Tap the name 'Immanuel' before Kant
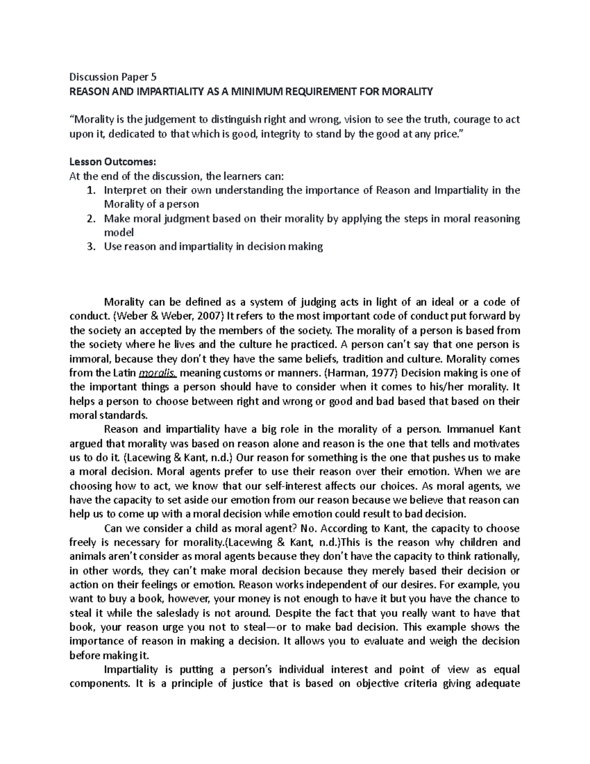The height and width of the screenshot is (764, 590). tap(471, 429)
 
